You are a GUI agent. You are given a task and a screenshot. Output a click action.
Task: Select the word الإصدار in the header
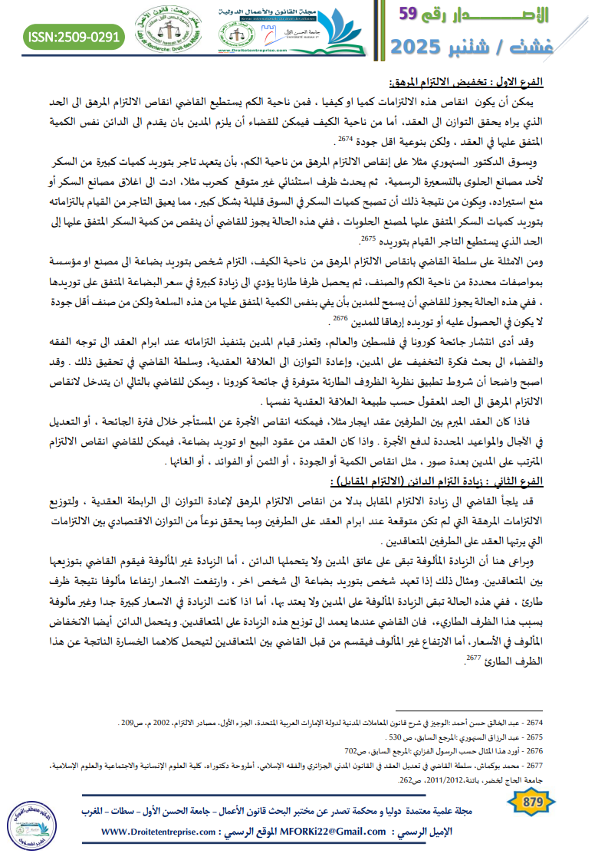pos(507,15)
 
